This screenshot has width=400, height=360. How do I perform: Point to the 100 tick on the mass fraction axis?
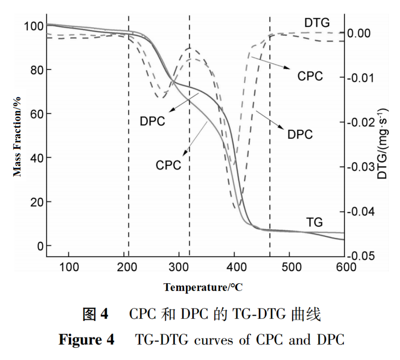pos(33,26)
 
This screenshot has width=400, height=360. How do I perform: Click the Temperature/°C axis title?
pos(203,288)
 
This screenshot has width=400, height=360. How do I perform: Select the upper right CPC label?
pos(310,76)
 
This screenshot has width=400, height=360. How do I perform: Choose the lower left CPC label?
pos(168,165)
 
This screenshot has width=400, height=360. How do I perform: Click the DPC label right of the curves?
pos(300,134)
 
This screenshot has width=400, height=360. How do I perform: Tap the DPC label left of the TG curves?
pos(152,121)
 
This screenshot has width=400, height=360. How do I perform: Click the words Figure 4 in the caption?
pos(86,340)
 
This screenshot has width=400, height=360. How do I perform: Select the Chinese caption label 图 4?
pos(95,315)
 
